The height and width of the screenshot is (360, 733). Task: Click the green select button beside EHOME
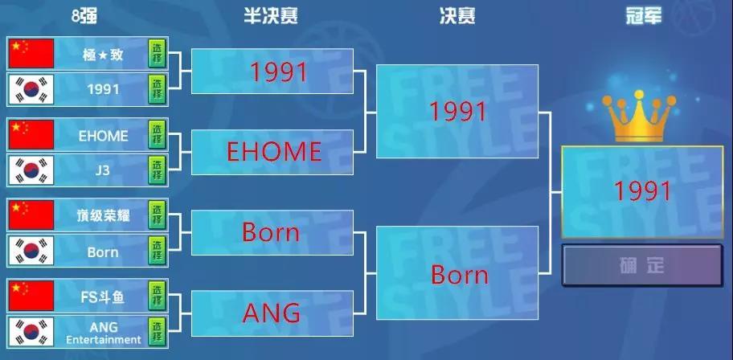click(157, 135)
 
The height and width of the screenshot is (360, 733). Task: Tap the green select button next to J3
click(157, 170)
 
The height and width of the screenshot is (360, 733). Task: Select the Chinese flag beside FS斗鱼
click(31, 296)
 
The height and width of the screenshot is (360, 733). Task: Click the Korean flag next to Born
click(31, 251)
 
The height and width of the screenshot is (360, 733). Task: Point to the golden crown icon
click(639, 116)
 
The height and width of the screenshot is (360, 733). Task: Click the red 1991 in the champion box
click(642, 191)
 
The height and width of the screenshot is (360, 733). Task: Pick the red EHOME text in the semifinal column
click(274, 152)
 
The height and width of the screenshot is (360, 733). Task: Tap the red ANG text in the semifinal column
click(272, 313)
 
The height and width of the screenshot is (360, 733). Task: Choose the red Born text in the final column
click(460, 275)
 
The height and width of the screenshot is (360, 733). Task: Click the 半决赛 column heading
click(271, 16)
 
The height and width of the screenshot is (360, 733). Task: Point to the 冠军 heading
click(644, 16)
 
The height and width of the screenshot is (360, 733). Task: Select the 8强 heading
click(84, 16)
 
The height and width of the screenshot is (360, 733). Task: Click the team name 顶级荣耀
click(103, 215)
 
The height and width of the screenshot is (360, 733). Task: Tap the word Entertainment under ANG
click(104, 340)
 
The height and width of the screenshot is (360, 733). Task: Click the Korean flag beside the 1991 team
click(31, 89)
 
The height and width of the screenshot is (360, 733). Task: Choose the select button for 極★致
click(157, 53)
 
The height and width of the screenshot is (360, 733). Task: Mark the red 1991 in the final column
click(458, 111)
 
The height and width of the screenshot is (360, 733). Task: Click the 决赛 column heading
click(457, 16)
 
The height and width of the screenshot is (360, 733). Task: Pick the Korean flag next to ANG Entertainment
click(31, 332)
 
